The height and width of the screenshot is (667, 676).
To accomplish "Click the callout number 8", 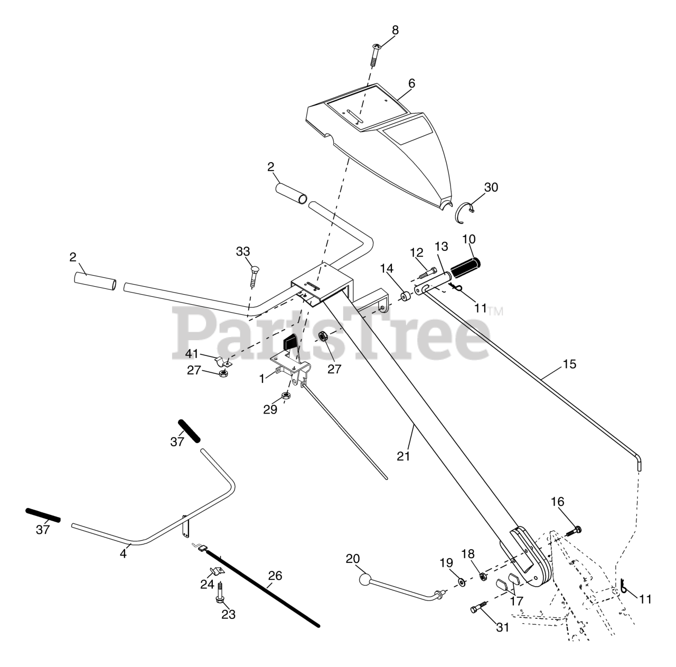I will coord(395,31).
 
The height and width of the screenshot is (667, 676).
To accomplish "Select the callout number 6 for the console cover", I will coord(411,83).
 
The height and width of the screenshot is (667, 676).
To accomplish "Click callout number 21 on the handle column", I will coord(403,456).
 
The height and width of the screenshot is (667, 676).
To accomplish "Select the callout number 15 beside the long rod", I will coord(569,364).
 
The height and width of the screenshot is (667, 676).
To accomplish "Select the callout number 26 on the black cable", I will coord(275,576).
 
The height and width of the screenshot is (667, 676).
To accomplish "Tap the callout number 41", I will coord(192,353).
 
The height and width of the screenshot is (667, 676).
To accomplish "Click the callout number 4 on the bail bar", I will coord(123,555).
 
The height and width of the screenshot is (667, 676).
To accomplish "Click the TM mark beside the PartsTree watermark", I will coord(495,311).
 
